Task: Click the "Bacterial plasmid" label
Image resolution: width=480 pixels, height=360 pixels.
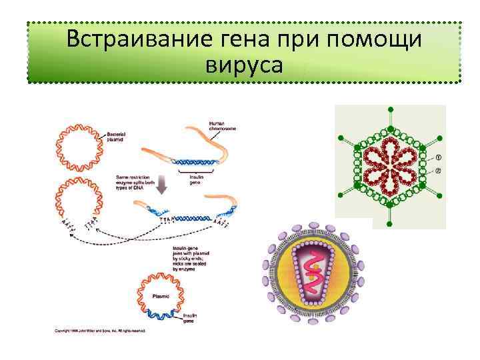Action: (x=120, y=137)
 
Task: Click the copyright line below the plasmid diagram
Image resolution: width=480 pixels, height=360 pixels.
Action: (x=100, y=330)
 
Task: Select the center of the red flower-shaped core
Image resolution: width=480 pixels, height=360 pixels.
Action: (x=390, y=165)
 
